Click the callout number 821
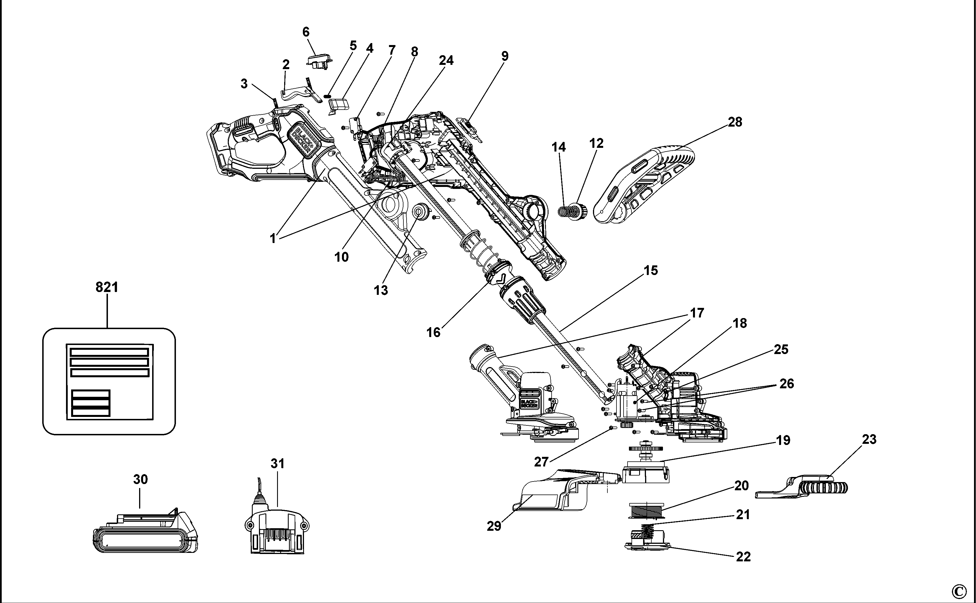click(107, 287)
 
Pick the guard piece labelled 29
click(550, 493)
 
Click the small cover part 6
click(319, 61)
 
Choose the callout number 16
click(433, 332)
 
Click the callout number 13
click(380, 290)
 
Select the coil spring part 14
click(564, 210)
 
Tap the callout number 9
click(505, 56)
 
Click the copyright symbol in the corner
click(959, 591)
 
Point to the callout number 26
click(786, 384)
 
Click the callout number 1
click(273, 238)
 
